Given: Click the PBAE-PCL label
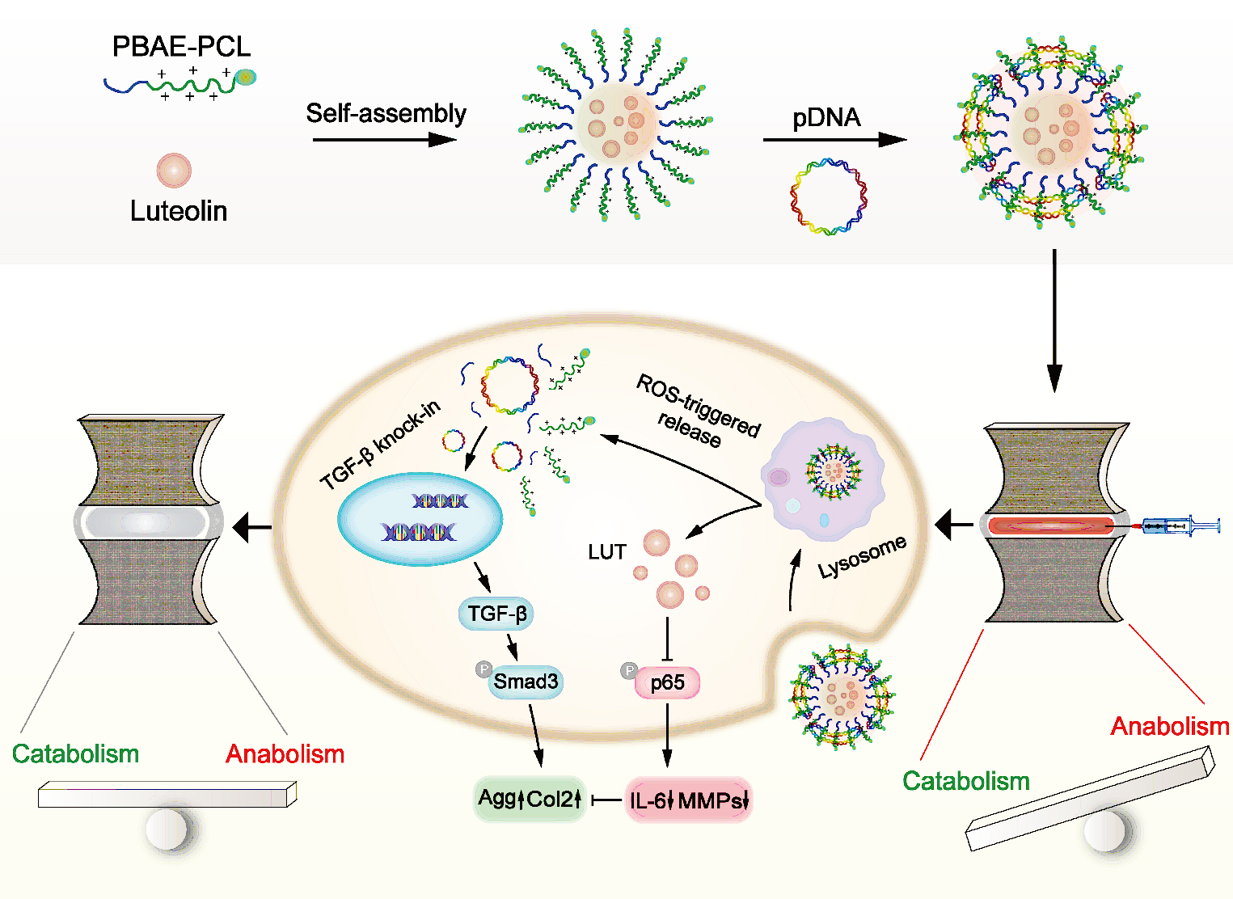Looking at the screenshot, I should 181,47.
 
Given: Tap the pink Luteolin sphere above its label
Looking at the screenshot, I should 174,171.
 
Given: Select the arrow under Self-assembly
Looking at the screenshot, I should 384,140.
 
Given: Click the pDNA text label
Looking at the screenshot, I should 826,118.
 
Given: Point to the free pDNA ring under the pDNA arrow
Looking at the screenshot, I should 828,196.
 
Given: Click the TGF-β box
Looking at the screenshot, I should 496,614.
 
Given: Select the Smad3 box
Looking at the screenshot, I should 526,682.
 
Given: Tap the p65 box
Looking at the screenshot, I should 667,682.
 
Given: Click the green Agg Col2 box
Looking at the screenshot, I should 530,799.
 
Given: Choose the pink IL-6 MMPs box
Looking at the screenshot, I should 689,800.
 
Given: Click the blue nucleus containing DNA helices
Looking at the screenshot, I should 420,518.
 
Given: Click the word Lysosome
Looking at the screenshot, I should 862,557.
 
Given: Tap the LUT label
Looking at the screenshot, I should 607,552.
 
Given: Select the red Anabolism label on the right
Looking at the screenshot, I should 1169,726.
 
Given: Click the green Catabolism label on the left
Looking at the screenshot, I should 75,753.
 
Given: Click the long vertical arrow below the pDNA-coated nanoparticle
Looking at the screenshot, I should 1054,320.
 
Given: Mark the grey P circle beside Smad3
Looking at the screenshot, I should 483,669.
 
